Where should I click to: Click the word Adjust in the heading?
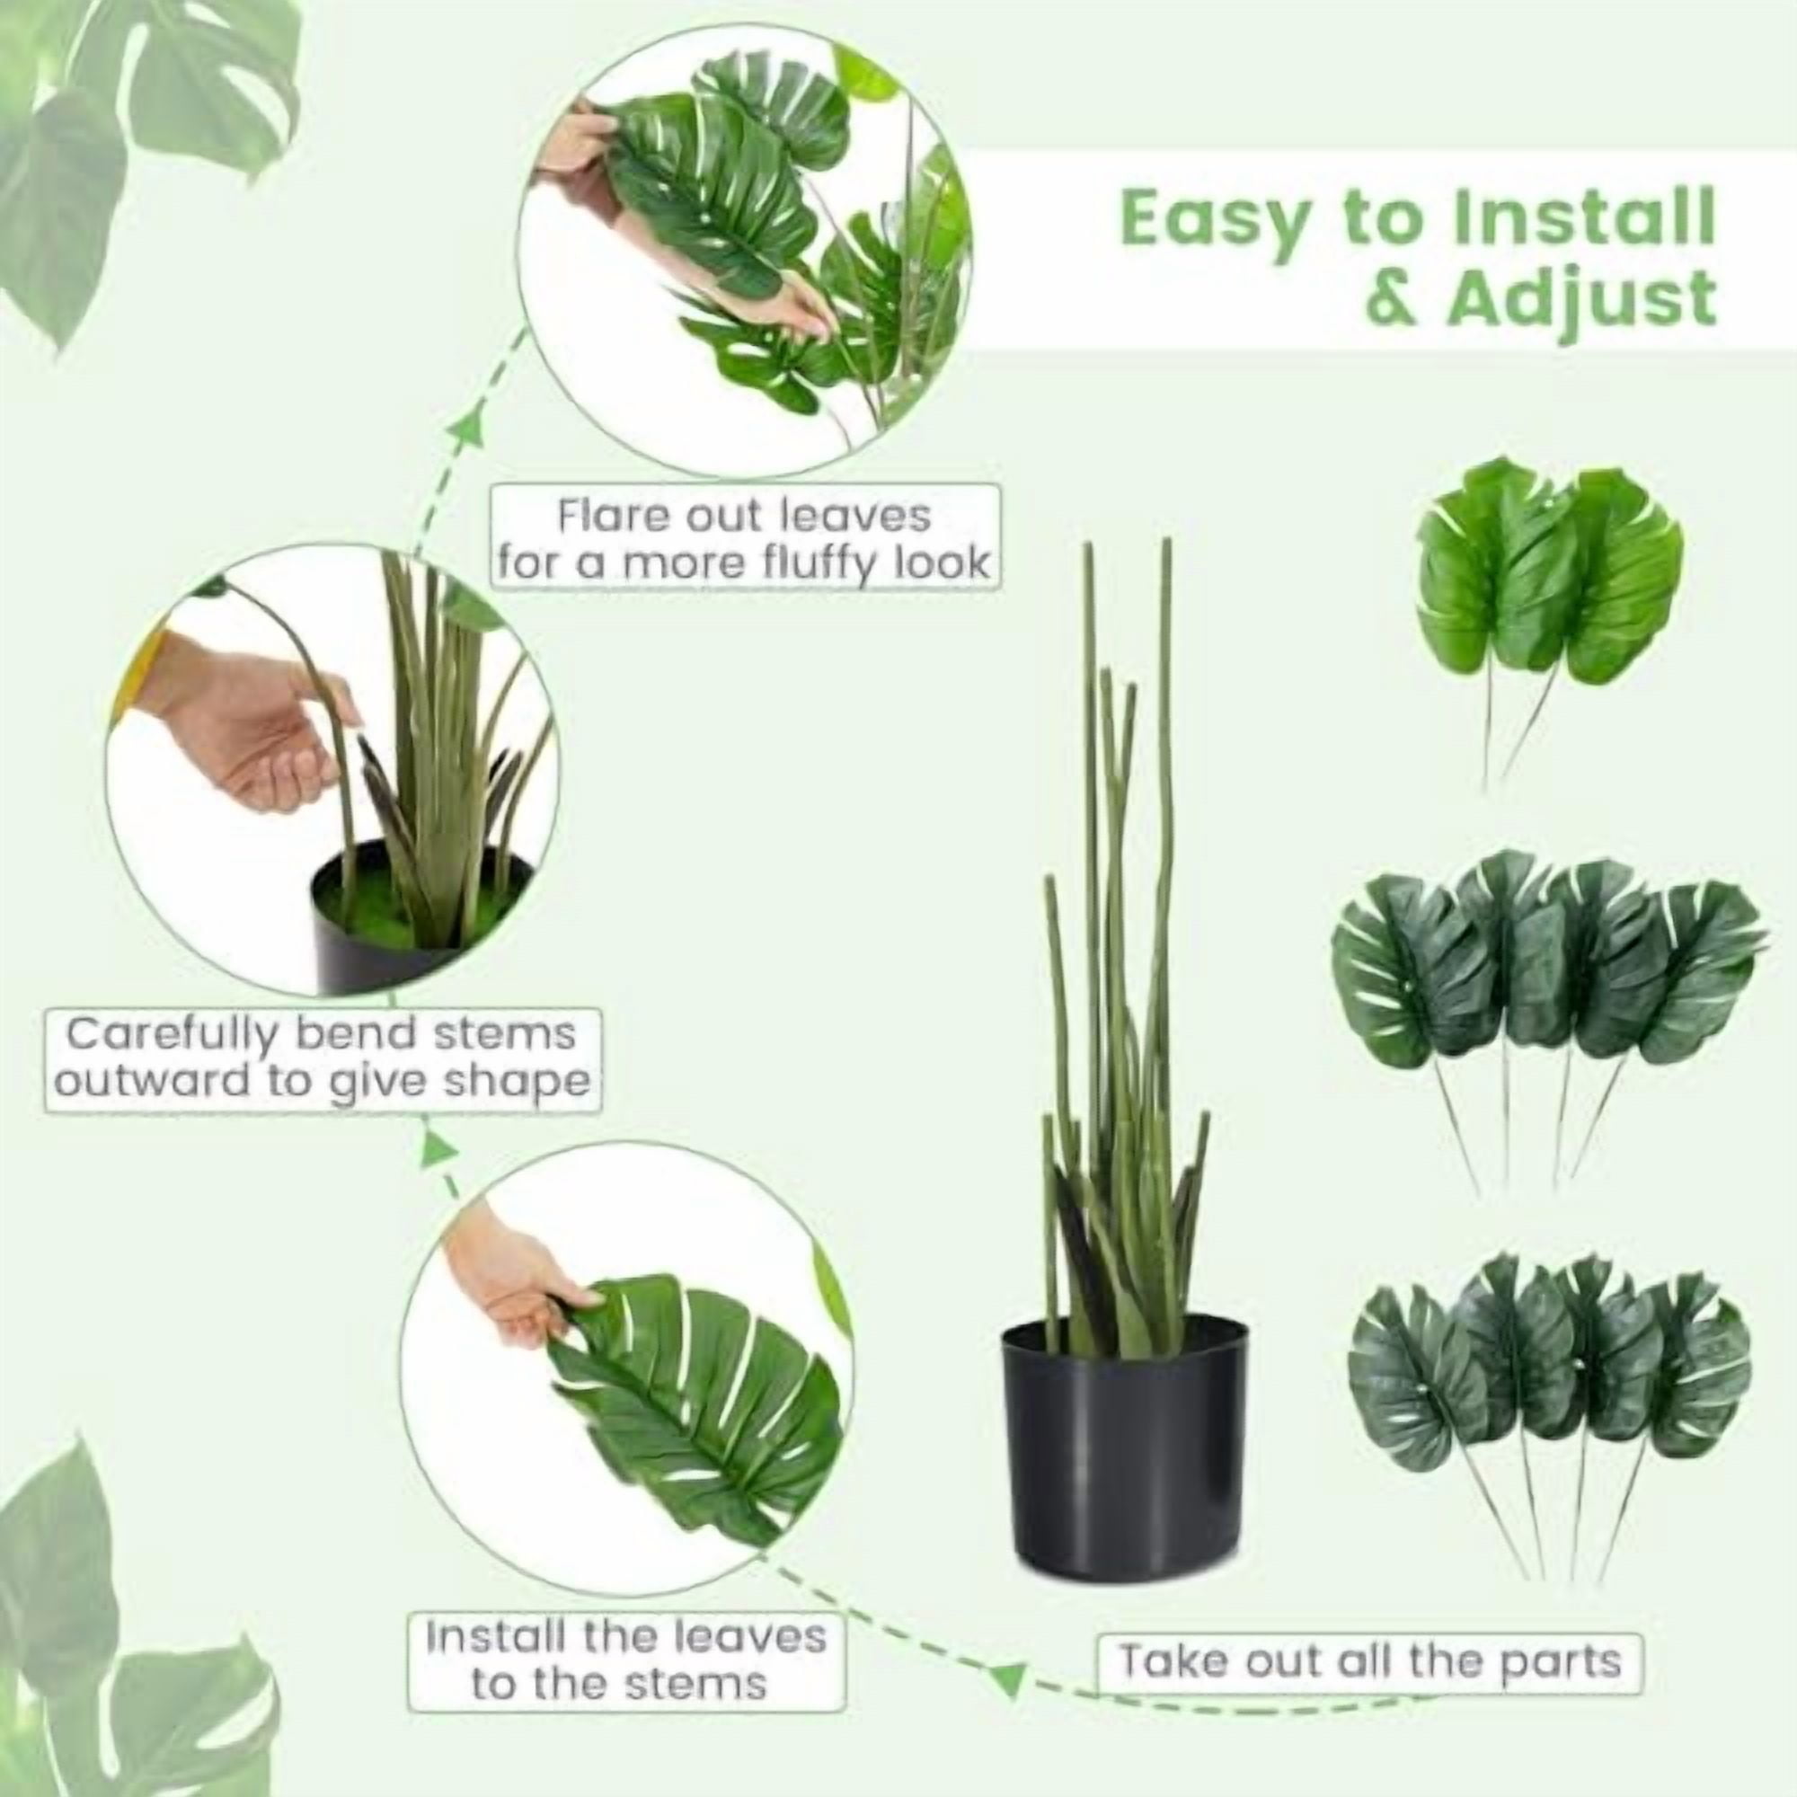pyautogui.click(x=1580, y=299)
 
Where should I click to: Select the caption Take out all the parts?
pyautogui.click(x=1369, y=1661)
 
